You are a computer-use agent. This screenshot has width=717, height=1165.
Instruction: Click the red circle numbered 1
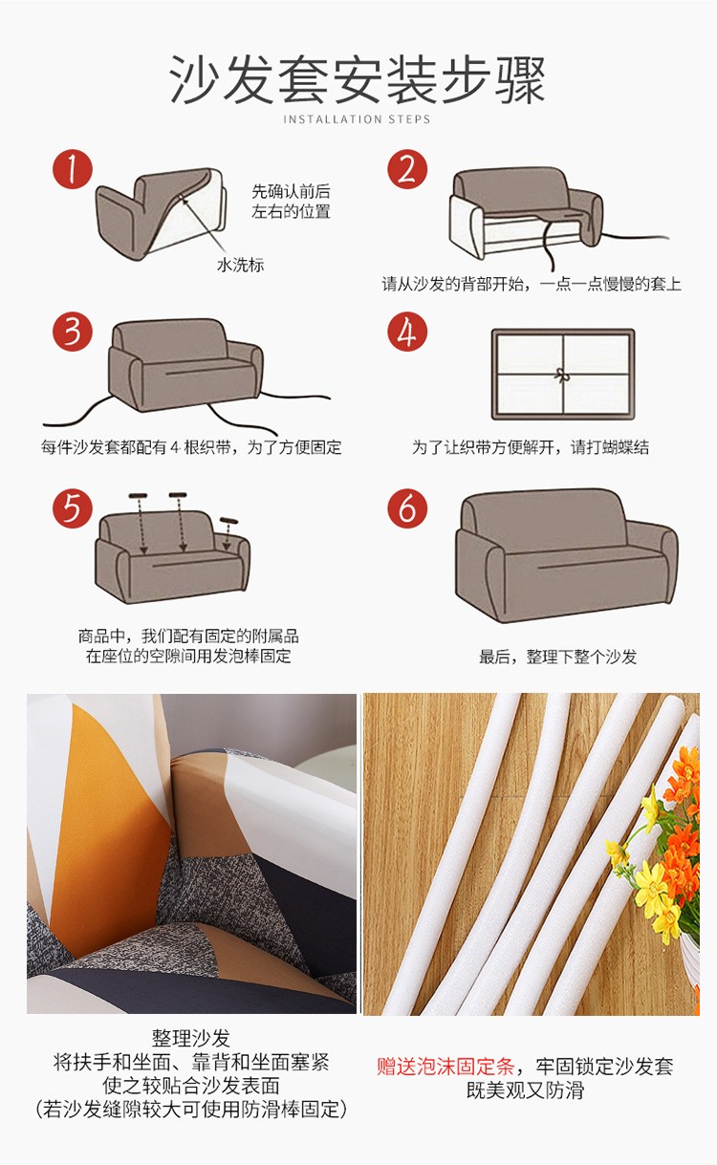pos(73,169)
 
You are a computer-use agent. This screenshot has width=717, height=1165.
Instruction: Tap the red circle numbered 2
pos(407,169)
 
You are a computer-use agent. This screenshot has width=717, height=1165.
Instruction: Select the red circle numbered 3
pos(73,332)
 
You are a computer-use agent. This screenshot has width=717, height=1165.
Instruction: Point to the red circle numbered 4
pos(407,332)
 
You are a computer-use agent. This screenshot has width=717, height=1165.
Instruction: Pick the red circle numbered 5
pos(73,508)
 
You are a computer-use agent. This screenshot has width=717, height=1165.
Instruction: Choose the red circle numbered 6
pos(407,508)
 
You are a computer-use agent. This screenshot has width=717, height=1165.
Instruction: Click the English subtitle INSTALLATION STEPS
pos(357,119)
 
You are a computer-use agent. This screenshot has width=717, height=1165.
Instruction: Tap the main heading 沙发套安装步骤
pos(358,79)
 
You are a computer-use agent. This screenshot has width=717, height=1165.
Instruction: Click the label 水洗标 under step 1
pos(240,265)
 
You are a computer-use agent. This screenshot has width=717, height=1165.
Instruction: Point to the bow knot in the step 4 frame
pos(561,375)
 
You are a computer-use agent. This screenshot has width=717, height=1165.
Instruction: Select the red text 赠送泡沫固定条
pos(445,1067)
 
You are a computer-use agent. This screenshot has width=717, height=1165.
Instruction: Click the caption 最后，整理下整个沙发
pos(557,657)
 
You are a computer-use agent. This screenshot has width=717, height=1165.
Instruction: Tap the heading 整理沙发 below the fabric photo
pos(191,1038)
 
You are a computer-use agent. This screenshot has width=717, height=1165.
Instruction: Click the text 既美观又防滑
pos(525,1090)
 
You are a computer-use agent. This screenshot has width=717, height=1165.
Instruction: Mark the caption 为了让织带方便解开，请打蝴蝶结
pos(531,446)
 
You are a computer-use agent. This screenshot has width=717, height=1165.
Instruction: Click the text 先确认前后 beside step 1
pos(291,191)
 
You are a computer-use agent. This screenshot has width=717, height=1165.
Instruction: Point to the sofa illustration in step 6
pos(567,555)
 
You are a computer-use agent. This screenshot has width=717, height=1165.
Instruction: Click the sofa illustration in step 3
pos(185,365)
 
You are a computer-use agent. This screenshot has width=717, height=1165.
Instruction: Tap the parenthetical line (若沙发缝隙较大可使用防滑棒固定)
pos(191,1109)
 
